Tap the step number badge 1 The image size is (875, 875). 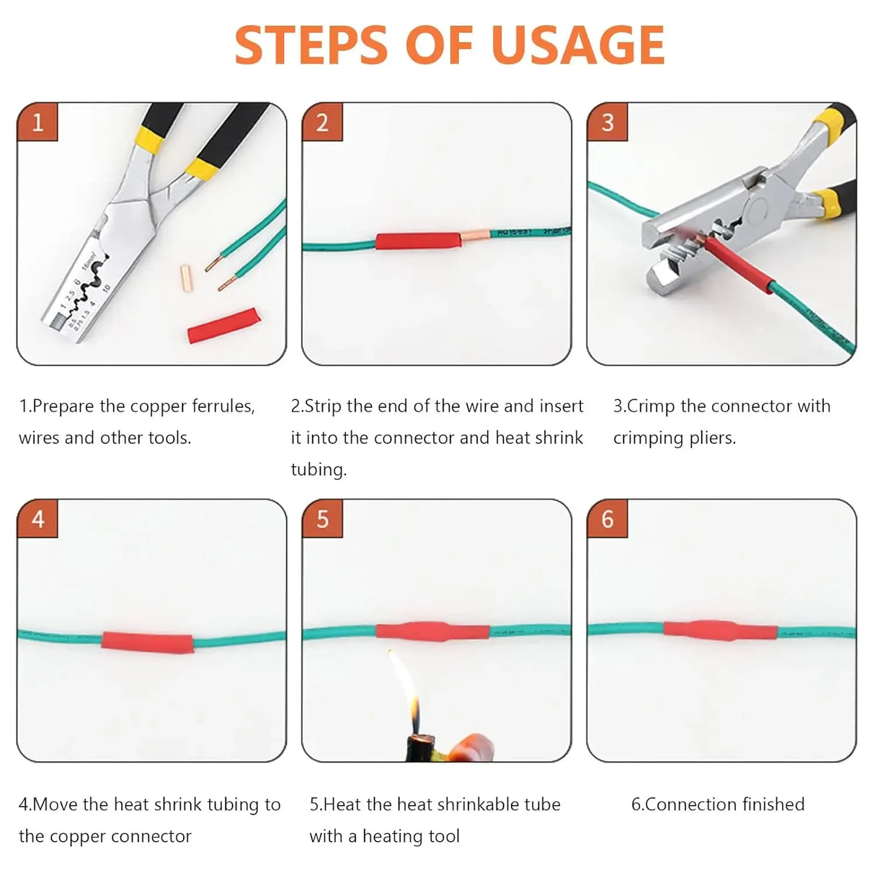(x=37, y=122)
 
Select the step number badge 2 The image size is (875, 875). (x=322, y=122)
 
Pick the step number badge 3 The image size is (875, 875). (x=607, y=122)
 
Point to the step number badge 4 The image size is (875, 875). (x=37, y=519)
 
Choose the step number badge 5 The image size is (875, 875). (x=322, y=519)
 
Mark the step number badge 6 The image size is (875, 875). (x=607, y=519)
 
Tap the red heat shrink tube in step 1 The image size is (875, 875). (x=222, y=325)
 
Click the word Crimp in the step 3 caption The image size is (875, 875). (x=651, y=407)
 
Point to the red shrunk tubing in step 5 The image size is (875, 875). (x=432, y=630)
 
